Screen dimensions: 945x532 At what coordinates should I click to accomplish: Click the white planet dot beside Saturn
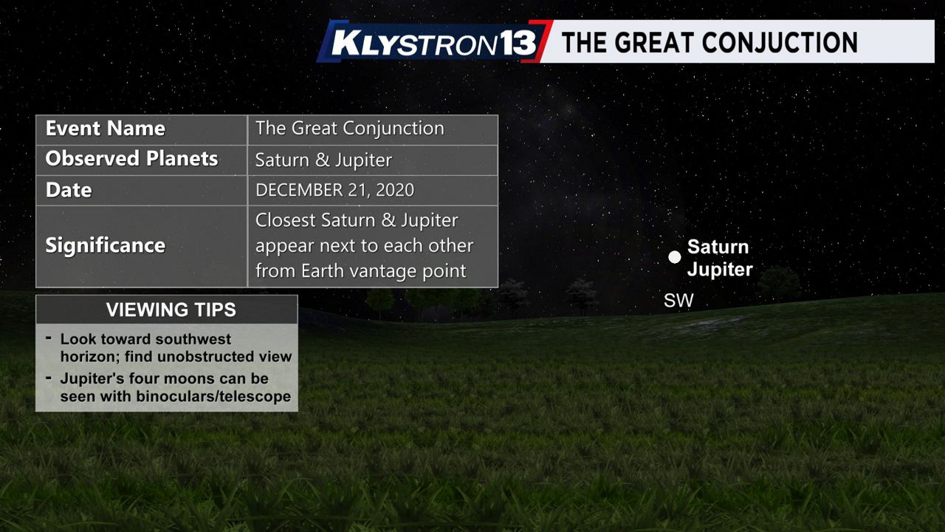pyautogui.click(x=675, y=256)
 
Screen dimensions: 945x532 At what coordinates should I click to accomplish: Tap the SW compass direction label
pyautogui.click(x=678, y=301)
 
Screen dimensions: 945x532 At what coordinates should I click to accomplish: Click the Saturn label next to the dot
pyautogui.click(x=718, y=247)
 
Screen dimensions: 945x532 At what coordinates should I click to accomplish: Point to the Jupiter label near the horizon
pyautogui.click(x=720, y=270)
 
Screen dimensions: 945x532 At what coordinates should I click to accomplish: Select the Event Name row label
pyautogui.click(x=105, y=129)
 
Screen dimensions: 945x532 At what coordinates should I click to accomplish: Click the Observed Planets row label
pyautogui.click(x=131, y=159)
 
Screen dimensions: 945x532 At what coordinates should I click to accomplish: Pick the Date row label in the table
pyautogui.click(x=69, y=190)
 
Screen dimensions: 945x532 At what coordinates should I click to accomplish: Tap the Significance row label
pyautogui.click(x=105, y=245)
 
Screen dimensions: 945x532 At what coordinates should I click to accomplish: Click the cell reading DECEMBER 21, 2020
pyautogui.click(x=334, y=191)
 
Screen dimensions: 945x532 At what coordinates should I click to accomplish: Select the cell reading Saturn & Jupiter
pyautogui.click(x=323, y=160)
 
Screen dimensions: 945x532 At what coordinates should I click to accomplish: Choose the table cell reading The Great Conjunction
pyautogui.click(x=350, y=129)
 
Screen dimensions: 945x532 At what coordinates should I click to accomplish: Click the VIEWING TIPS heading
pyautogui.click(x=171, y=310)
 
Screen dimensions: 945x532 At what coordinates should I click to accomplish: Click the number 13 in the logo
pyautogui.click(x=518, y=43)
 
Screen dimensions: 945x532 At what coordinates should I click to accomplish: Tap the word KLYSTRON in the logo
pyautogui.click(x=415, y=43)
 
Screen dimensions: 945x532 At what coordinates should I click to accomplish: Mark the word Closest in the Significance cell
pyautogui.click(x=285, y=220)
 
